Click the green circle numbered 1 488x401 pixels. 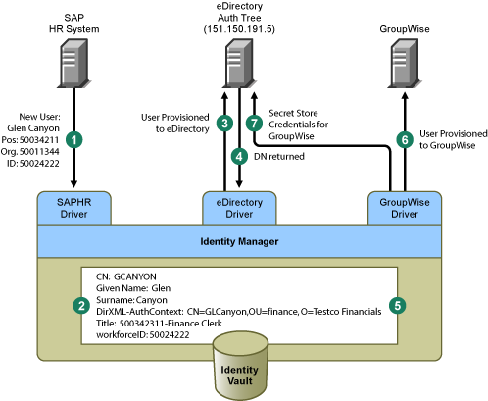tap(74, 140)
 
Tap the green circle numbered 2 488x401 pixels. tap(81, 306)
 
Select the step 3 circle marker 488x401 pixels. tap(224, 124)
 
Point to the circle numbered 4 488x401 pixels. tap(239, 156)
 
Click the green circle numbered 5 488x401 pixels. tap(398, 306)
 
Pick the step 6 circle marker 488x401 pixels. tap(405, 140)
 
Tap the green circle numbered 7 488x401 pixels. tap(254, 124)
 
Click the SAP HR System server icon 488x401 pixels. tap(74, 64)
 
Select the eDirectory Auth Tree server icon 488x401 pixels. tap(239, 64)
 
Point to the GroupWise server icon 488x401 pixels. tap(405, 64)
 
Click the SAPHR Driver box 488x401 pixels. tap(74, 208)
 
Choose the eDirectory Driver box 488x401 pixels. tap(239, 208)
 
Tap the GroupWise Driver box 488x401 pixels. tap(405, 208)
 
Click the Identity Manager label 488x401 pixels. tap(239, 241)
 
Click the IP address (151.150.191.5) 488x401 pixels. tap(239, 29)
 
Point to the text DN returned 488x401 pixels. tap(279, 157)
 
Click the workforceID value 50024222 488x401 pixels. tap(170, 335)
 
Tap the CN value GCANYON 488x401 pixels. tap(135, 276)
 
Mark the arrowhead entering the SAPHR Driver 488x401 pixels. tap(74, 183)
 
